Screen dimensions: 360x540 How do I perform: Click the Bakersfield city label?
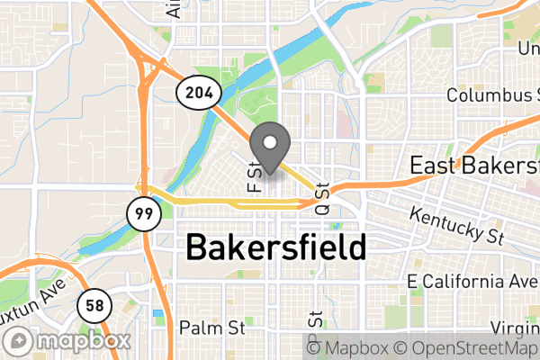tap(275, 247)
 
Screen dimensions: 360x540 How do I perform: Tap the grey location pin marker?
tap(269, 148)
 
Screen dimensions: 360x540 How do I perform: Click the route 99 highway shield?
tap(140, 214)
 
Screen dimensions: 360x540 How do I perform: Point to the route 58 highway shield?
tap(93, 306)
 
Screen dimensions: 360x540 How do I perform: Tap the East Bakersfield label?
tap(473, 166)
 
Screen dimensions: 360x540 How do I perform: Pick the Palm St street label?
tap(212, 327)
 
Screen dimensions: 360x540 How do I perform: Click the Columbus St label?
tap(491, 95)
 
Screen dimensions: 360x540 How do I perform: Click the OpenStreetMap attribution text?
tap(467, 348)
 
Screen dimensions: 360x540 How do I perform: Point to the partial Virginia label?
tap(516, 327)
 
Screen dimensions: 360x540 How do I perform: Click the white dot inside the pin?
tap(269, 141)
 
